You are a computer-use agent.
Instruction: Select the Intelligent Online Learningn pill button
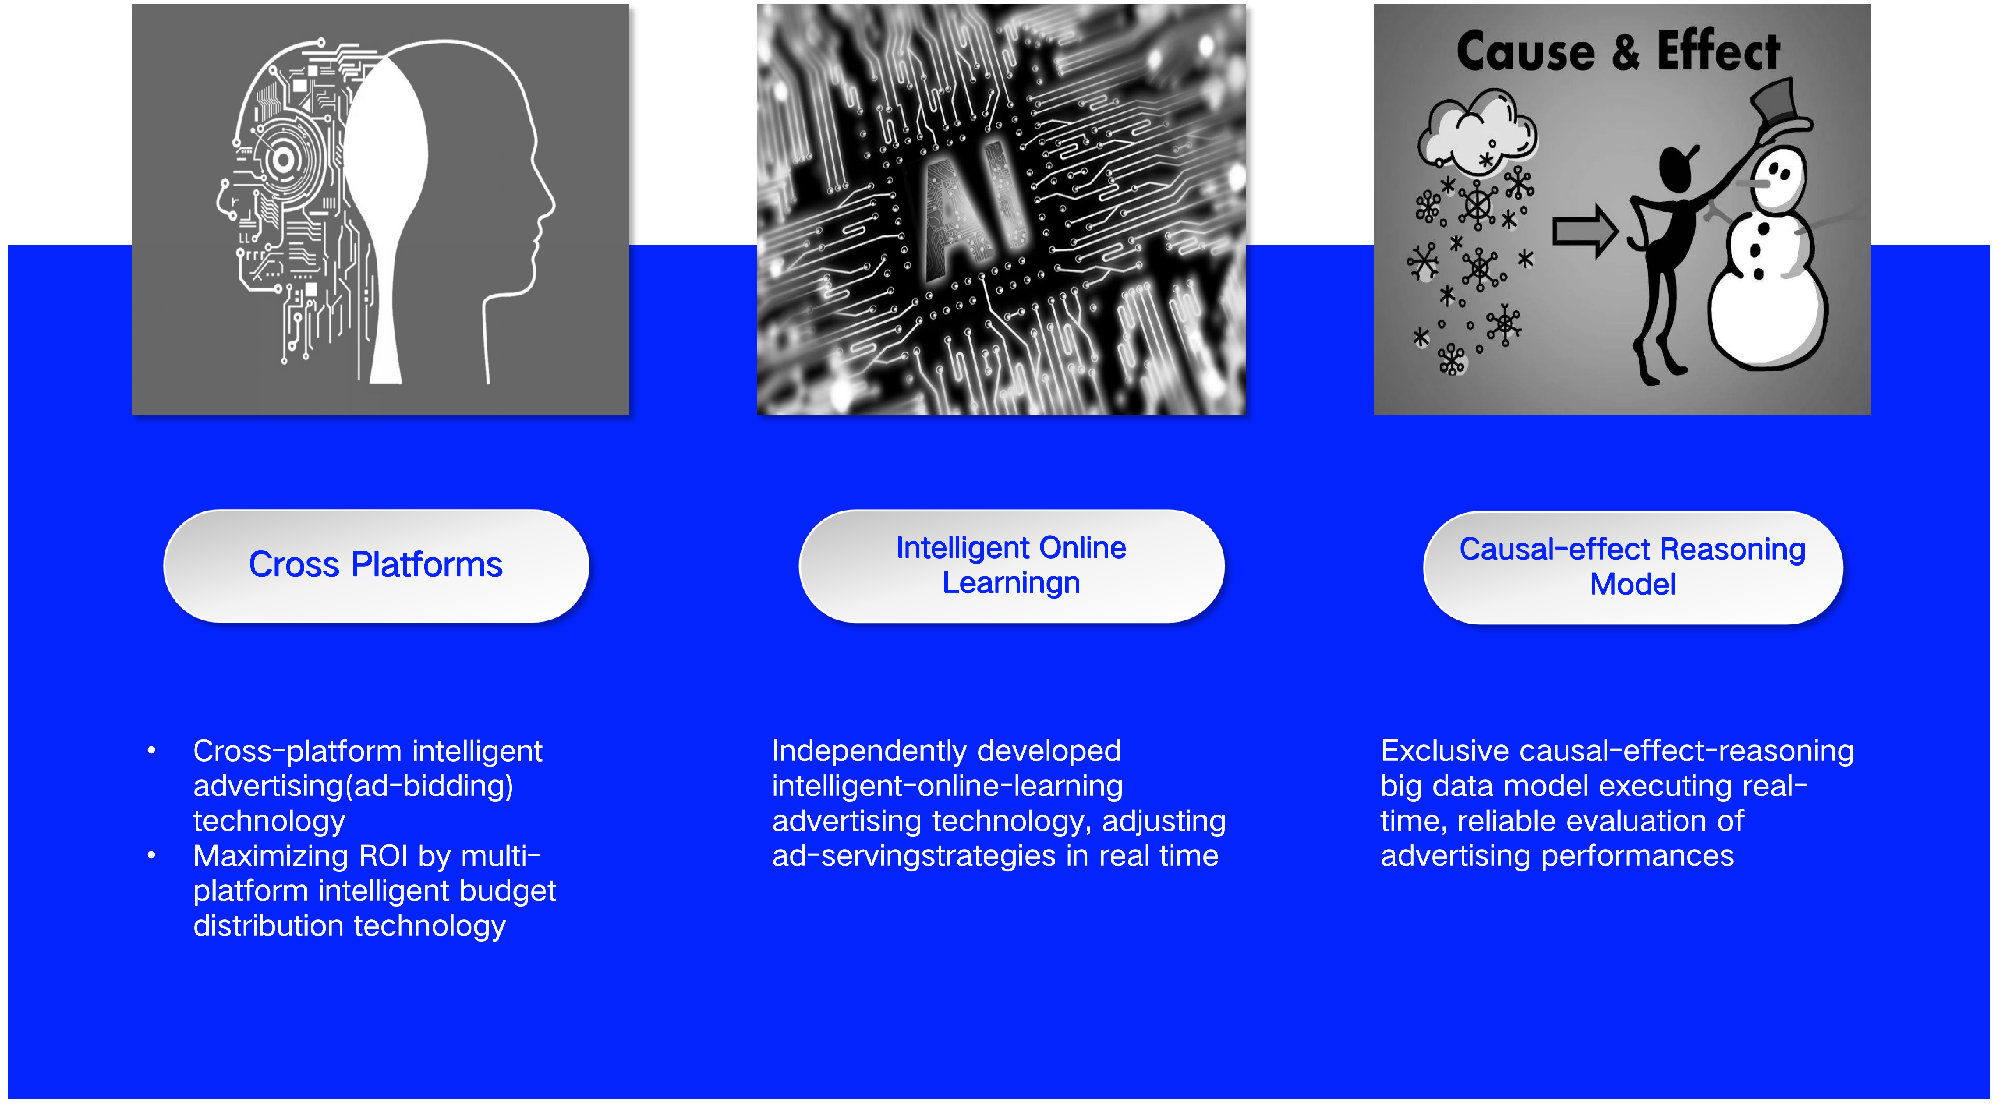tap(1011, 566)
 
